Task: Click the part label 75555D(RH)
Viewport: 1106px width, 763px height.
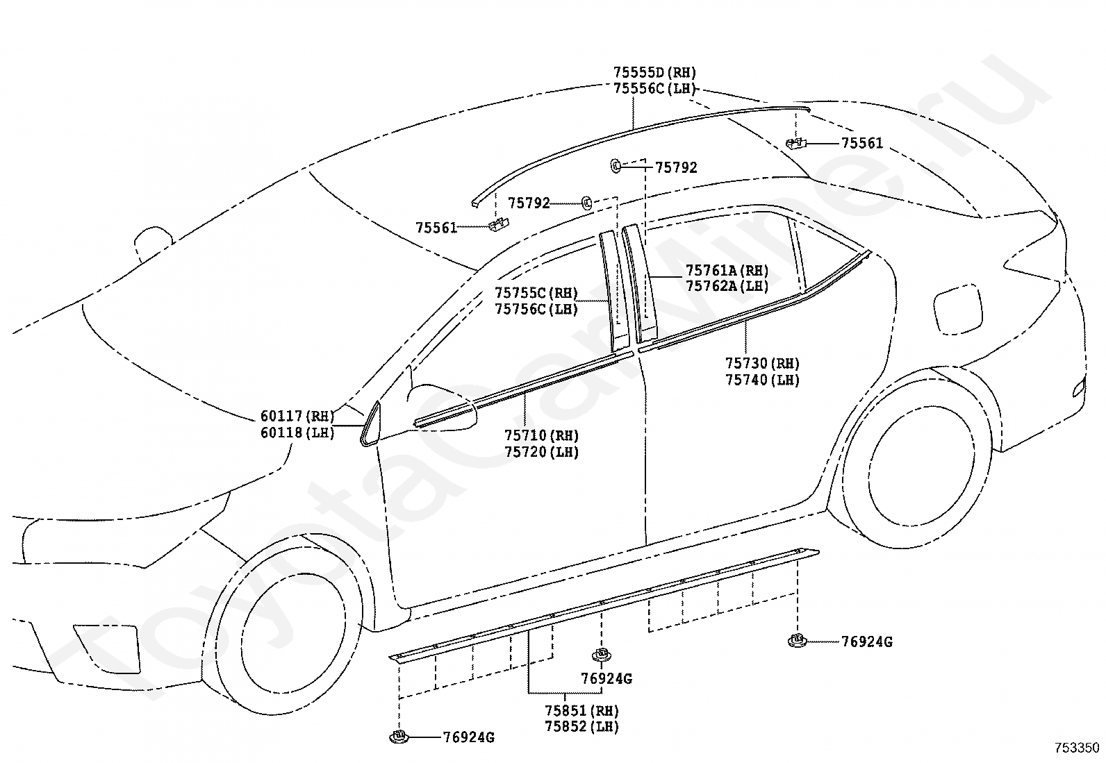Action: pos(654,72)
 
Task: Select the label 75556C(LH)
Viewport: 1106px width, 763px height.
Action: pos(654,89)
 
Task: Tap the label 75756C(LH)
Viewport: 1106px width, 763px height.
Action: pos(536,310)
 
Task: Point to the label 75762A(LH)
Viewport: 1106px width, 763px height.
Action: pos(727,286)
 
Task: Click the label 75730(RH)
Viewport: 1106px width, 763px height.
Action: pos(762,363)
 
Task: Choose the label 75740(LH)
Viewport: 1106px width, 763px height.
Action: pos(762,380)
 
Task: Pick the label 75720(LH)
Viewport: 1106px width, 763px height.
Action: pos(541,452)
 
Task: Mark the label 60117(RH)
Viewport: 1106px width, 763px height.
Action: pos(297,416)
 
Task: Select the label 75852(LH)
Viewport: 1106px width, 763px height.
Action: pos(581,727)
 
